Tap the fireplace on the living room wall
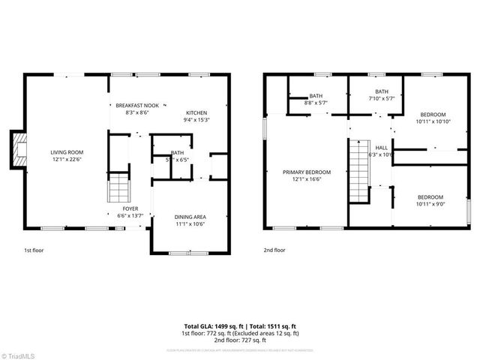18,149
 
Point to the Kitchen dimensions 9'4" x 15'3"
197,119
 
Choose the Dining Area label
190,217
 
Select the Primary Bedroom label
306,172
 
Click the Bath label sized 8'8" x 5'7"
316,96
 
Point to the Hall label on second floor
382,148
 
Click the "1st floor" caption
33,250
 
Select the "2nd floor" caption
274,250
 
